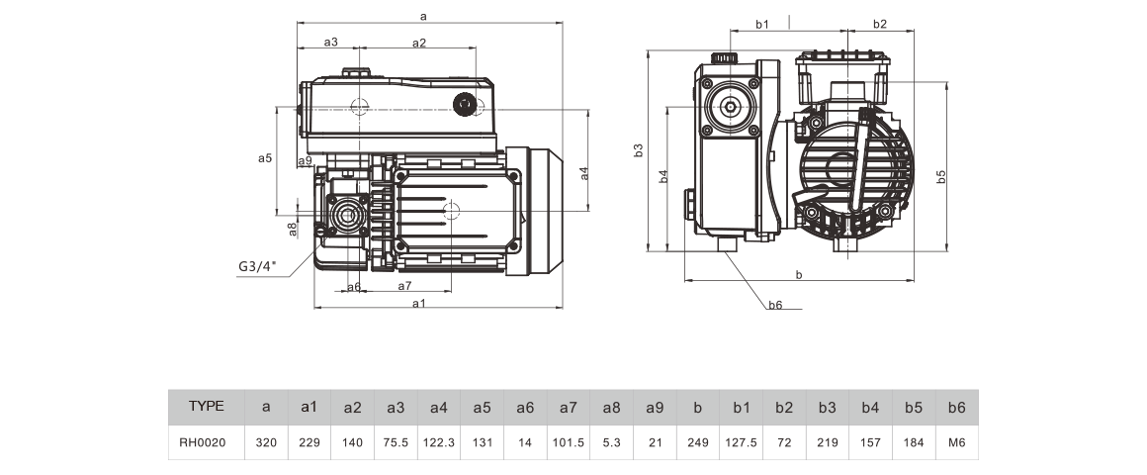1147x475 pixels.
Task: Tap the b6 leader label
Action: [x=775, y=305]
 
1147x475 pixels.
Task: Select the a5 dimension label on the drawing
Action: [x=265, y=157]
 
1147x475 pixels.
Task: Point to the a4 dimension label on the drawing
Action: [x=583, y=173]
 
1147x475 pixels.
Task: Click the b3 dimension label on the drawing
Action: [x=638, y=150]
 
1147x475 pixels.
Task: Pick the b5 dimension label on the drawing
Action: [x=941, y=176]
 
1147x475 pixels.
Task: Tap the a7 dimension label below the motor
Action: [x=405, y=285]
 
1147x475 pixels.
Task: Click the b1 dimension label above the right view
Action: [x=762, y=24]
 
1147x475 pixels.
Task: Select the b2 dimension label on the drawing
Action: [x=880, y=24]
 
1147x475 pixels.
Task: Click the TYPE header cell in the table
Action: [x=207, y=406]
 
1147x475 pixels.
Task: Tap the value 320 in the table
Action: [x=266, y=442]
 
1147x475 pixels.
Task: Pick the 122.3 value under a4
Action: [x=439, y=442]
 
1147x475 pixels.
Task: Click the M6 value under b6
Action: [x=957, y=442]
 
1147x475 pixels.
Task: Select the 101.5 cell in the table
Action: [x=569, y=442]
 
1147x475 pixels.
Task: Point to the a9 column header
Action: [x=655, y=408]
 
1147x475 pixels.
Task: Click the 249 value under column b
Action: [x=698, y=442]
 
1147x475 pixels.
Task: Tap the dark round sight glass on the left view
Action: [x=464, y=104]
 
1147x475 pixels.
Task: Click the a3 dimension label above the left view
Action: [x=330, y=43]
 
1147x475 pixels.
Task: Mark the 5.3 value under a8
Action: [x=611, y=442]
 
